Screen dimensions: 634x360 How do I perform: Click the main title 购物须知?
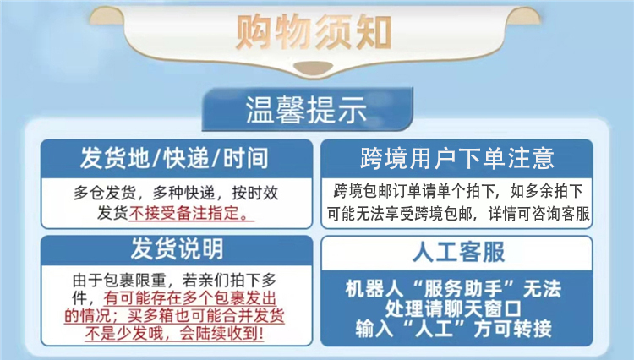(x=314, y=32)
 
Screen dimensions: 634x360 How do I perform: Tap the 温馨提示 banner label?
(x=306, y=110)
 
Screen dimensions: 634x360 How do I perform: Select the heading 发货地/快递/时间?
(x=174, y=158)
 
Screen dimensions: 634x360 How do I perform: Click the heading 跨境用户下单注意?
(x=456, y=158)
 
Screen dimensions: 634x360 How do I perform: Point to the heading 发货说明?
(x=177, y=249)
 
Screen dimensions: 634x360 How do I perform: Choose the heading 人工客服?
(x=458, y=253)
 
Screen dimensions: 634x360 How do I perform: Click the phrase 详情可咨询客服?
(x=539, y=214)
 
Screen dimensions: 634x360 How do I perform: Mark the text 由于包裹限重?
(x=119, y=280)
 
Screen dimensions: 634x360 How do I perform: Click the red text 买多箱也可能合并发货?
(x=206, y=315)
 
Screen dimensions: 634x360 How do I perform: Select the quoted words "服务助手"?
(x=462, y=289)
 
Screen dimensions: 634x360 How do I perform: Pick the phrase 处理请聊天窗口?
(x=453, y=308)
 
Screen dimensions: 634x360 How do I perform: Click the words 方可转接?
(x=512, y=328)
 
